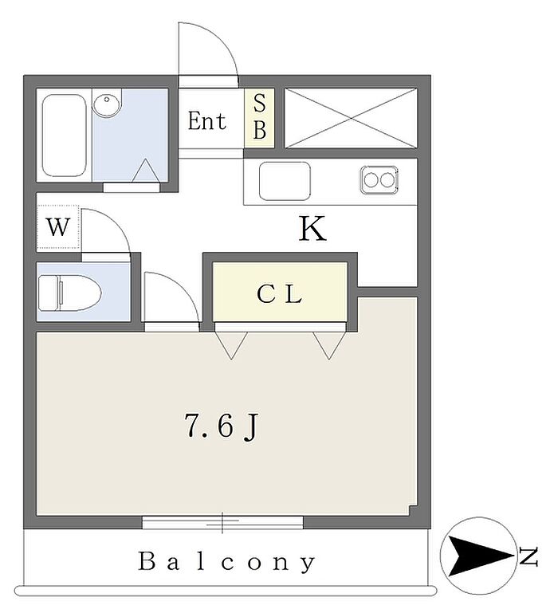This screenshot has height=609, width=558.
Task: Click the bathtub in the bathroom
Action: [x=64, y=135]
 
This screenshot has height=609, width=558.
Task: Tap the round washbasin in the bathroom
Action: [x=107, y=104]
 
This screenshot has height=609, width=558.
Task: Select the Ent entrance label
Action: [x=206, y=122]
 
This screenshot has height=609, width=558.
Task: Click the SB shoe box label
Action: [x=260, y=118]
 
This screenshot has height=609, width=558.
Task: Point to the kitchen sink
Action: [x=285, y=181]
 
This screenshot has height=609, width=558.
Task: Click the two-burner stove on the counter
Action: [x=379, y=179]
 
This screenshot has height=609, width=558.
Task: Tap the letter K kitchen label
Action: [x=312, y=230]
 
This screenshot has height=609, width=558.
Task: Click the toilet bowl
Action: [x=69, y=293]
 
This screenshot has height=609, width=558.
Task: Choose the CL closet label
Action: [x=279, y=295]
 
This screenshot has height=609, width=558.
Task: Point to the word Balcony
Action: [x=227, y=562]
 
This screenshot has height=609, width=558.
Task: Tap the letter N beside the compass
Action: [x=528, y=556]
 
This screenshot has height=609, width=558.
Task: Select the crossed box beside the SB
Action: [x=351, y=118]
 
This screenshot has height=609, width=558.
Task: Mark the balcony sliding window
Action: [x=223, y=522]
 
